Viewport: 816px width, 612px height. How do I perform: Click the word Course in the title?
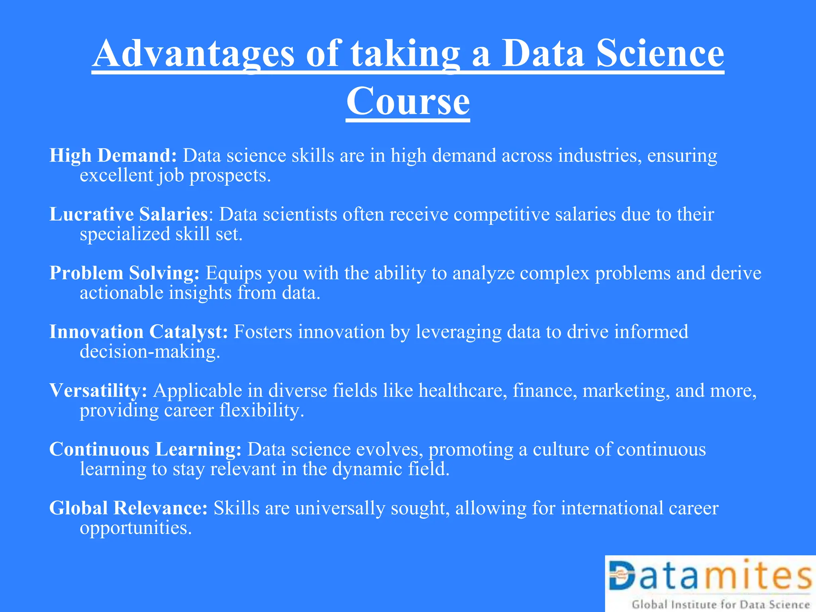pos(408,101)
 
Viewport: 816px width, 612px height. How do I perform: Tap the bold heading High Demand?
pos(113,155)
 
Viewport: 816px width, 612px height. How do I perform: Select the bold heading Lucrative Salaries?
pos(128,214)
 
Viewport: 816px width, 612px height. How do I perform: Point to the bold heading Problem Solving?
pos(124,273)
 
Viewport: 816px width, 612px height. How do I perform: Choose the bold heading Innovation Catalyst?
pos(139,332)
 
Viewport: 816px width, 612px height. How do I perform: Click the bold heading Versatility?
pos(98,390)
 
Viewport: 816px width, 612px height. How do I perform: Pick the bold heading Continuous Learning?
pos(145,449)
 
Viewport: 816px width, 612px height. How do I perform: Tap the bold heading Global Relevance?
pos(128,508)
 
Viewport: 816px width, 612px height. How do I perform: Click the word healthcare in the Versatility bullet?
pos(463,390)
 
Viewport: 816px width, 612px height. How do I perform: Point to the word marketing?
pos(626,390)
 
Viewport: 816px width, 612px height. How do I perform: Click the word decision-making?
pos(150,352)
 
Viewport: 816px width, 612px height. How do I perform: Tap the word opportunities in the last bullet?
pos(136,528)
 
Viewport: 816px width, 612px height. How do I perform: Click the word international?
pos(612,508)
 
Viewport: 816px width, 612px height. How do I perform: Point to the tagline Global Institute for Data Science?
pos(720,605)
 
